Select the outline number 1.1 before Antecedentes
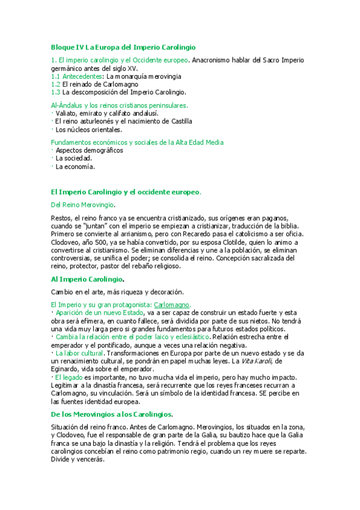tap(55, 76)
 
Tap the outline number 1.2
tap(55, 84)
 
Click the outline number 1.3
tap(55, 92)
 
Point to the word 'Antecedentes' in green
tap(82, 76)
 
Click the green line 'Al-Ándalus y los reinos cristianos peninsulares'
tap(119, 105)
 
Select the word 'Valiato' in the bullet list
tap(67, 113)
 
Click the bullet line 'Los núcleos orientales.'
tap(88, 129)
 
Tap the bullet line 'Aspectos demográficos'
tap(89, 150)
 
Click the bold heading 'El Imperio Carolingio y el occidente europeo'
tap(125, 192)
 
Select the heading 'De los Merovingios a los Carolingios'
tap(112, 398)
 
